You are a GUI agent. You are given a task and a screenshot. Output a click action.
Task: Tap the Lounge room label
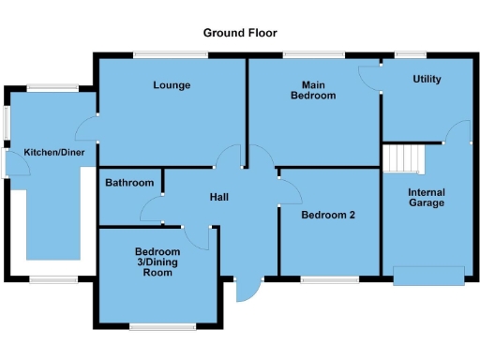point(172,85)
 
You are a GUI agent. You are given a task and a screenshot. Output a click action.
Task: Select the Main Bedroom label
point(312,90)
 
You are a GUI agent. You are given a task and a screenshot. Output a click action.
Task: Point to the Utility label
point(427,79)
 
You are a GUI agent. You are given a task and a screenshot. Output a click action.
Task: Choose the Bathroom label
point(128,183)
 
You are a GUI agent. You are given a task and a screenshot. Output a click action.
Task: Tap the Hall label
point(219,197)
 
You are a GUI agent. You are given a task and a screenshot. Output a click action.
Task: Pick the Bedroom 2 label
point(328,215)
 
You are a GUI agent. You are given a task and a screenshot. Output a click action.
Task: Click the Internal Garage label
point(427,199)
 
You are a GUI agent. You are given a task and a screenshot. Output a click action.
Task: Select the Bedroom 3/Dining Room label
point(157,258)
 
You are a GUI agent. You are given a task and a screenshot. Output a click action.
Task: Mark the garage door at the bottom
point(428,275)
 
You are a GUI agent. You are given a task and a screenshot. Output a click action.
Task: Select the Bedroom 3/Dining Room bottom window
point(156,327)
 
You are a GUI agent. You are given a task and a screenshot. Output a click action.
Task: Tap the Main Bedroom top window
point(307,55)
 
